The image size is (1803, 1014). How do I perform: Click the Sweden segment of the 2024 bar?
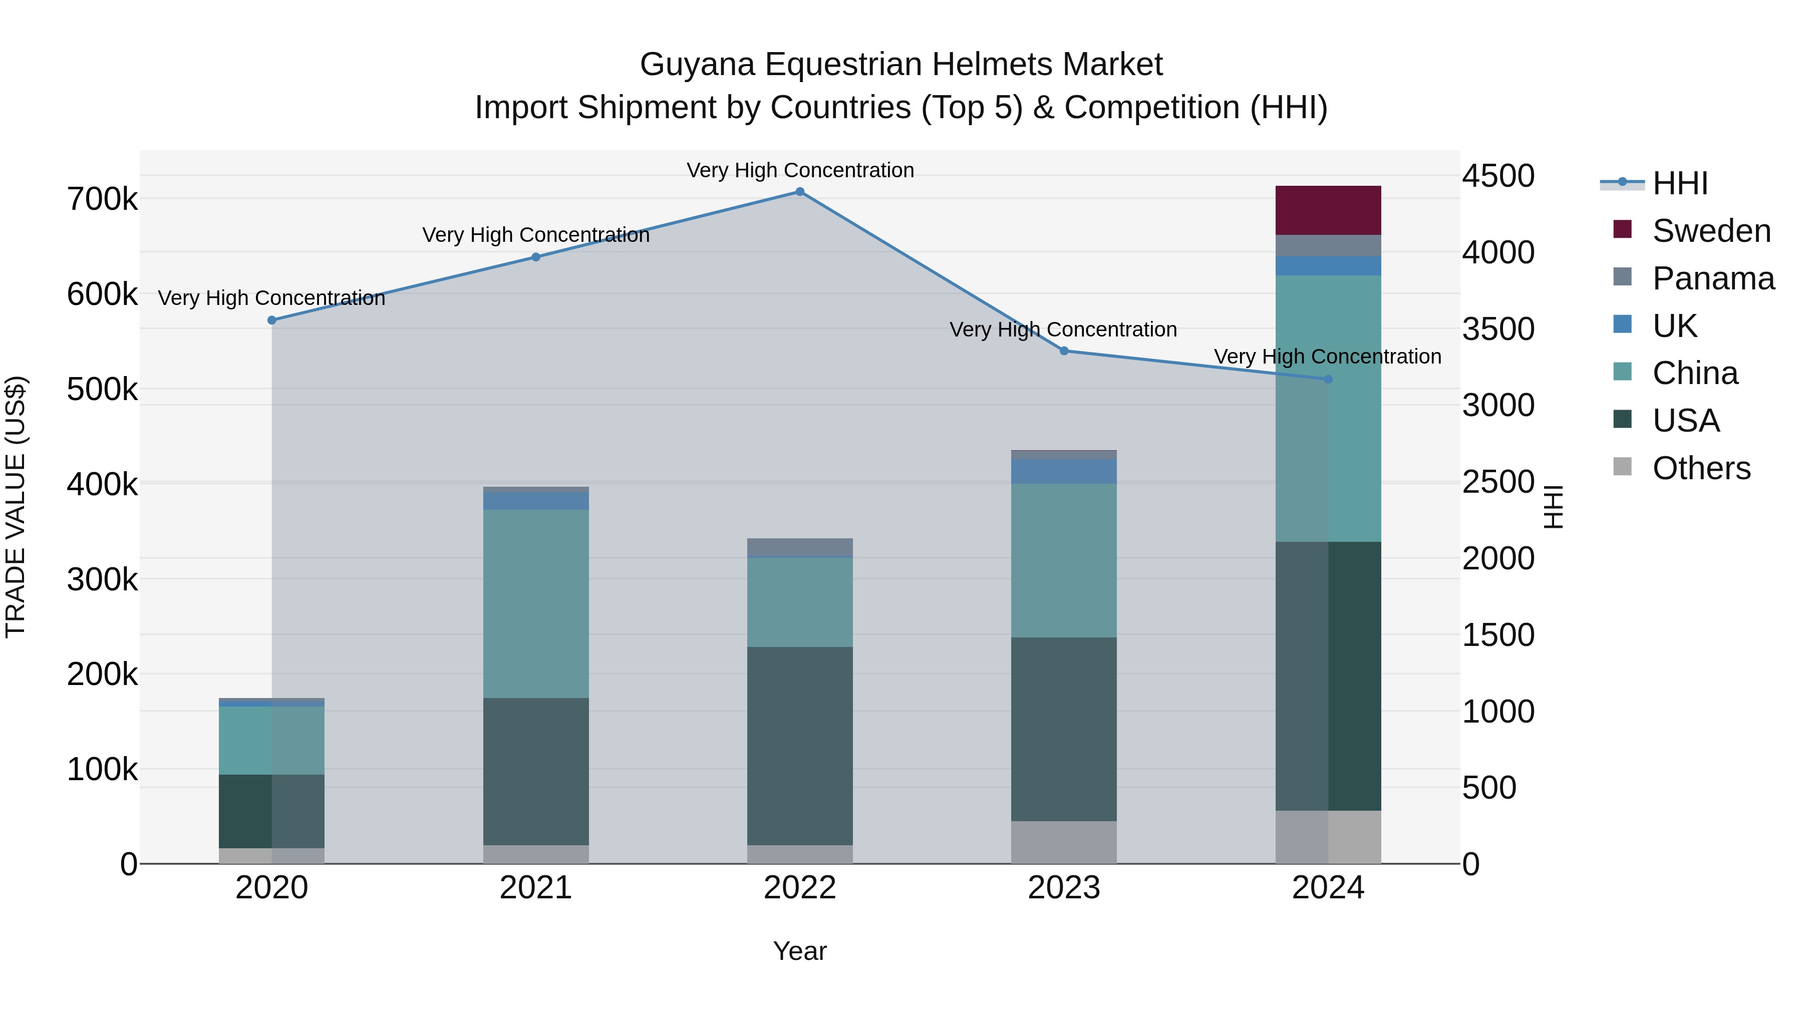[x=1328, y=210]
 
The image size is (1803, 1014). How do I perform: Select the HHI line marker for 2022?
[x=800, y=192]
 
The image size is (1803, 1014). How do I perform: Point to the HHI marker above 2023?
[x=1064, y=351]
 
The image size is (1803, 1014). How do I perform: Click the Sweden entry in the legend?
[x=1711, y=231]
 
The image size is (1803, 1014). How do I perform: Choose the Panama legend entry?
[x=1713, y=278]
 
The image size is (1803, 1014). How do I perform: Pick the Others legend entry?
[x=1701, y=468]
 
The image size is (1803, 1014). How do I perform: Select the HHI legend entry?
[x=1680, y=183]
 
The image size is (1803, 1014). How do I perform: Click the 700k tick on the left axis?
[x=102, y=199]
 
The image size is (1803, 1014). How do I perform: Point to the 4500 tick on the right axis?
[x=1498, y=176]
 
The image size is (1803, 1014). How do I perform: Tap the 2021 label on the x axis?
[x=535, y=888]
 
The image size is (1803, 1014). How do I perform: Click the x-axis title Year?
[x=800, y=951]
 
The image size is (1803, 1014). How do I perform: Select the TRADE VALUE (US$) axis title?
[x=16, y=507]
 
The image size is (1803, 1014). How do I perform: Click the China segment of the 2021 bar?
[x=535, y=603]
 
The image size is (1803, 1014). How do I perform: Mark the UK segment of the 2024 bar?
[x=1328, y=266]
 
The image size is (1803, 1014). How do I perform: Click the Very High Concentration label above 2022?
[x=800, y=171]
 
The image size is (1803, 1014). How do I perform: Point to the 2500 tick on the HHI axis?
[x=1498, y=482]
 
